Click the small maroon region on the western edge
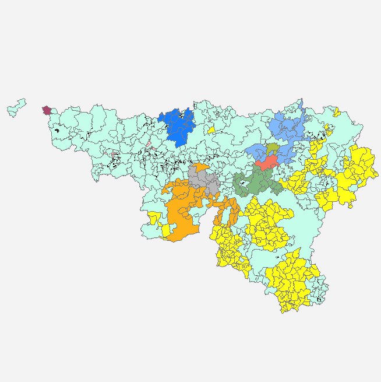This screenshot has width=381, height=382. click(47, 110)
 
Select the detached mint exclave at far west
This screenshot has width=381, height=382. click(16, 107)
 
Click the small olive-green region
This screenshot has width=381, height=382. click(272, 148)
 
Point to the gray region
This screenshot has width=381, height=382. click(203, 181)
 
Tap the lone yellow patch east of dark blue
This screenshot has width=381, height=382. click(211, 129)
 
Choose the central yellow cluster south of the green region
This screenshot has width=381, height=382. click(268, 222)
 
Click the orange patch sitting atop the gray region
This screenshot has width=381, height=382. click(202, 168)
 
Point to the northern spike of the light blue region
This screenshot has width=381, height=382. click(301, 105)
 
